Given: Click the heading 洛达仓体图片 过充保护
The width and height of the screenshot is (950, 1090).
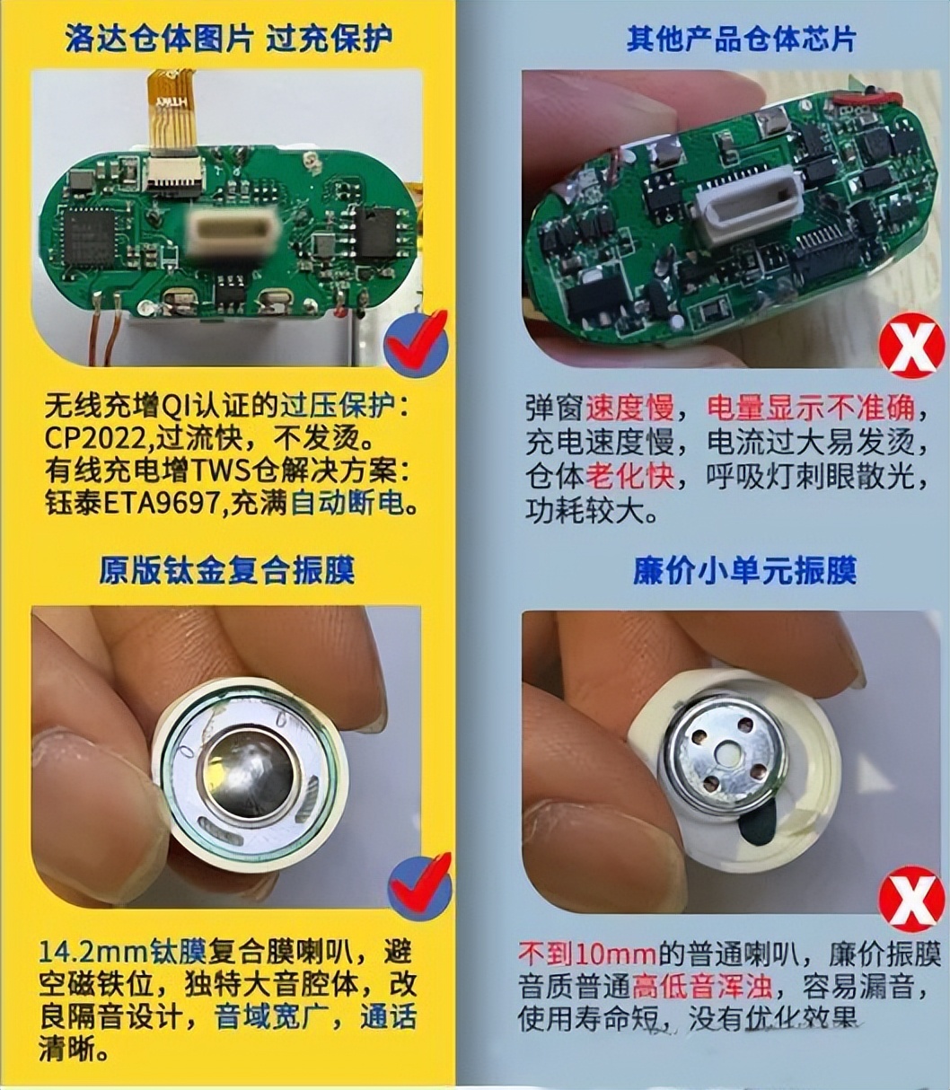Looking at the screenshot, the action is tap(230, 38).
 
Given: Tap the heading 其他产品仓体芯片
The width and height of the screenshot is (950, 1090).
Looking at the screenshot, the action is tap(741, 39).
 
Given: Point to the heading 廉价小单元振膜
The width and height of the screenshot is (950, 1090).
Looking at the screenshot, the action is tap(744, 571).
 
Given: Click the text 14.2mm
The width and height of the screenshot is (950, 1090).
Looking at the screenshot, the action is tap(93, 952).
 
